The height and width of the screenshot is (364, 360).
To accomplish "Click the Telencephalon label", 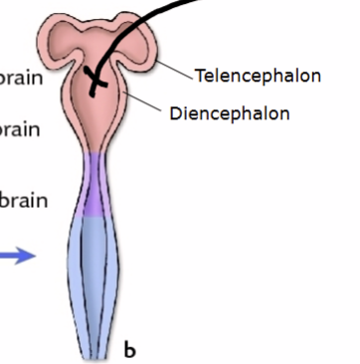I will [x=258, y=76].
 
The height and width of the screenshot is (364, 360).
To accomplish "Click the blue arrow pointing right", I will [x=18, y=257].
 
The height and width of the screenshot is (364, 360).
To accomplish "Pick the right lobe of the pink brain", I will [x=142, y=44].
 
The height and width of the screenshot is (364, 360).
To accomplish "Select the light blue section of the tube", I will [x=98, y=269].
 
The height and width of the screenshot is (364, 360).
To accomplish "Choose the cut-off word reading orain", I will [x=20, y=130].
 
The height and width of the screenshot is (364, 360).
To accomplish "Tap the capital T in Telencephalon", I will [x=200, y=76].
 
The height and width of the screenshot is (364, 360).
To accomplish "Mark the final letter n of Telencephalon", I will [x=315, y=77].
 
